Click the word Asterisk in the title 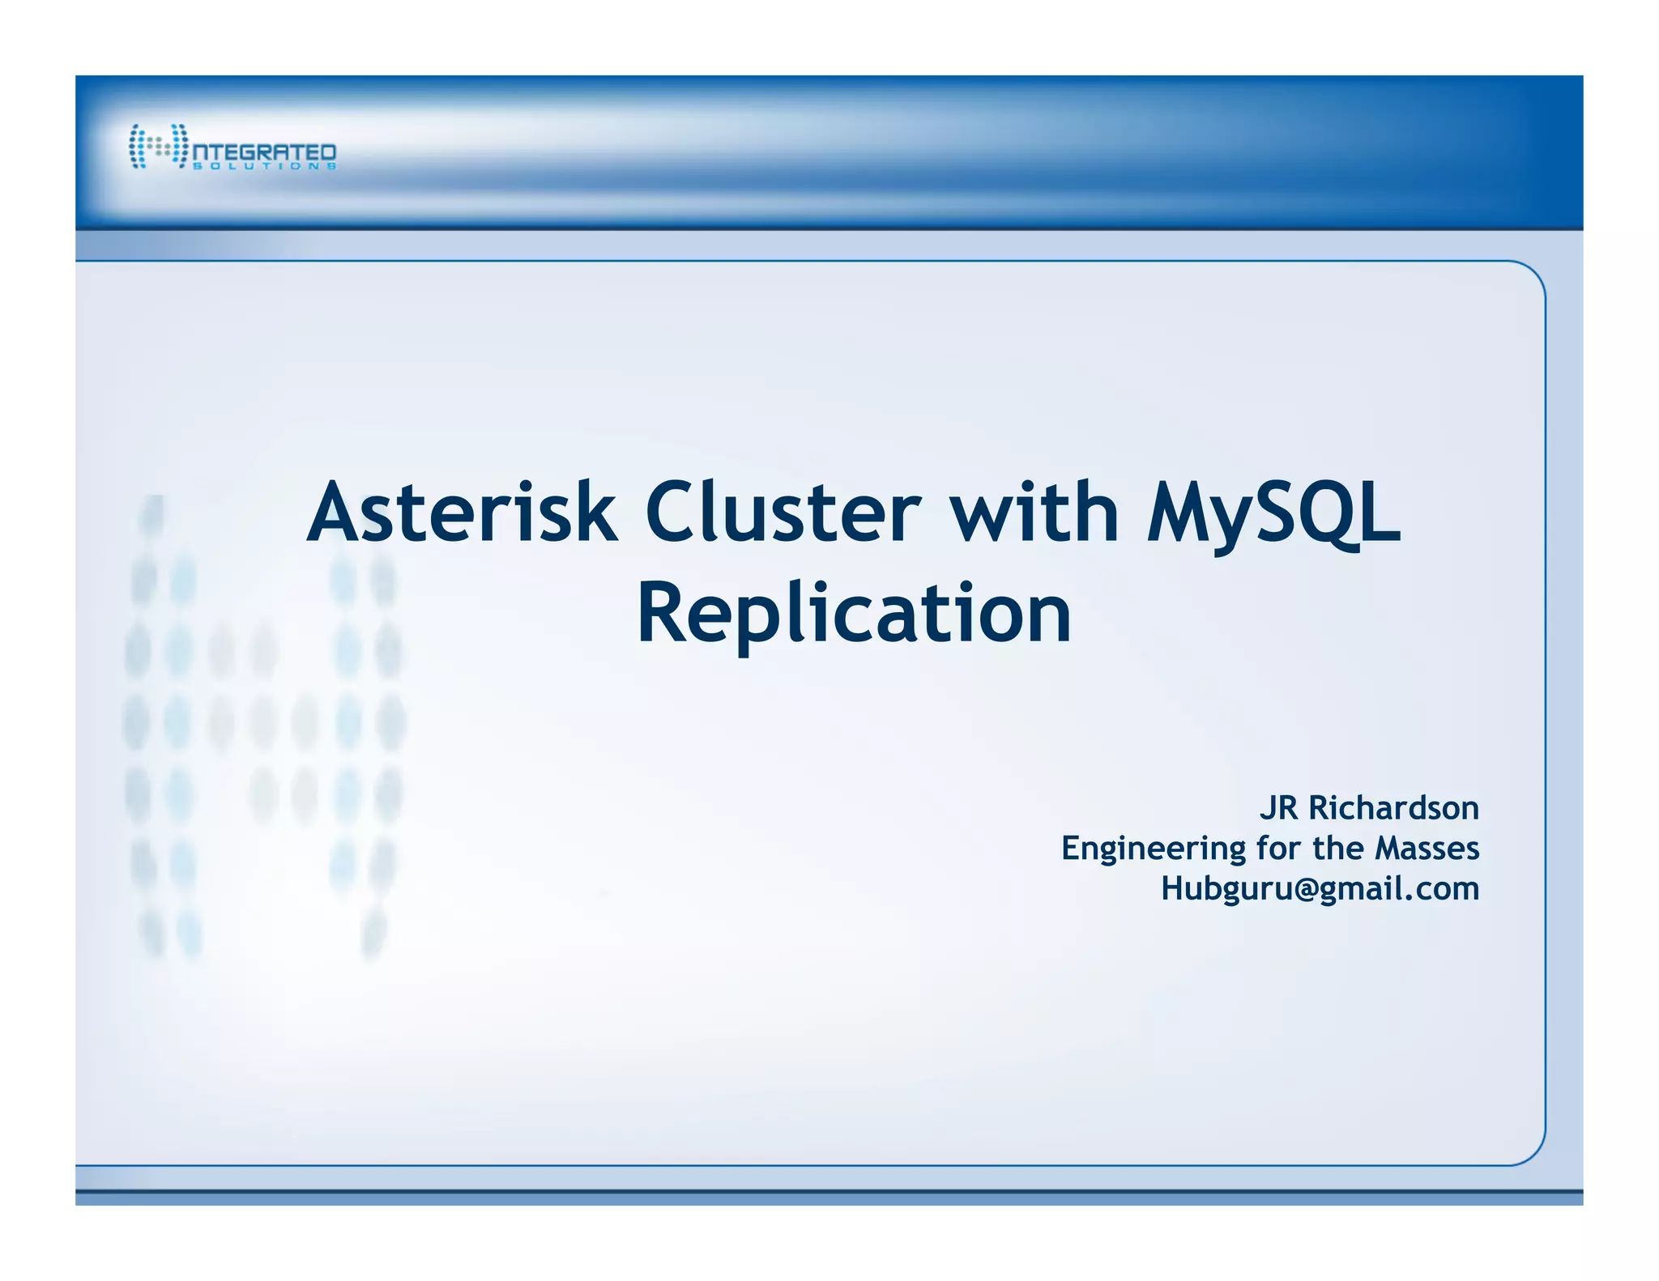point(462,512)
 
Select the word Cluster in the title point(783,512)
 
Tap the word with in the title point(1034,512)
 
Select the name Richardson point(1393,808)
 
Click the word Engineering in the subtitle point(1154,849)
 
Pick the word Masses point(1427,848)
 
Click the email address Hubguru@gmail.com point(1320,889)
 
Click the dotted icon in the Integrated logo point(158,147)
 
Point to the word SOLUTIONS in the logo point(264,166)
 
